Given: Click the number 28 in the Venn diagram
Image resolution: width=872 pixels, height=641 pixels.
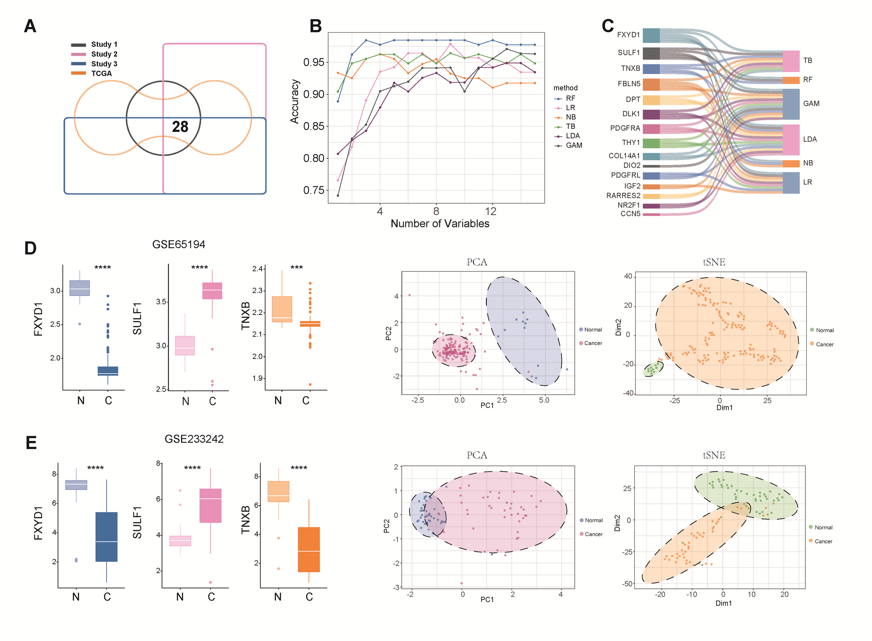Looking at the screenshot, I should coord(180,127).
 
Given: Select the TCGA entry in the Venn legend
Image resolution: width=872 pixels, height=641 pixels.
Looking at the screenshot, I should coord(101,74).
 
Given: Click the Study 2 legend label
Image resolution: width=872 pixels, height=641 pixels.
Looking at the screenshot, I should coord(104,54).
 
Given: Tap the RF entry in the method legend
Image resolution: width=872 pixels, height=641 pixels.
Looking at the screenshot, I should coord(570,98).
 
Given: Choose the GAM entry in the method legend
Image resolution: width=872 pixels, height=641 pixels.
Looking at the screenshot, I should coord(574,145).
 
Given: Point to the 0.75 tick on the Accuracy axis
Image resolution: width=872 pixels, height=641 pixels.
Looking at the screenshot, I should coord(313,190).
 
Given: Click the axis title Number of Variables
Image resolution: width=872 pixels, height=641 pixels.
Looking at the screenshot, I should coord(439,224).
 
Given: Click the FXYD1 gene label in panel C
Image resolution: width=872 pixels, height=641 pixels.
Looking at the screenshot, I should coord(628,35).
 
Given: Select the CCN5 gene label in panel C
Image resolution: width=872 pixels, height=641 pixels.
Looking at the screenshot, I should coord(630,214).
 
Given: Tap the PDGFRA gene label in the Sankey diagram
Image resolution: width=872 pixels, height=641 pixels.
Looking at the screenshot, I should coord(625,128).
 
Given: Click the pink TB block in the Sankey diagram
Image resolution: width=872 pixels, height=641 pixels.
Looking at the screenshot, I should coord(791,61).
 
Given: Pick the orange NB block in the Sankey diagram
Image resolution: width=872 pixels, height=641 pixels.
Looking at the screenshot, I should coord(791,164).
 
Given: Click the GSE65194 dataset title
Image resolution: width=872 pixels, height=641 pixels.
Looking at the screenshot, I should coord(178,244).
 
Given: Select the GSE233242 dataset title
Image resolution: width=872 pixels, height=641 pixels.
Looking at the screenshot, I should coord(194,439).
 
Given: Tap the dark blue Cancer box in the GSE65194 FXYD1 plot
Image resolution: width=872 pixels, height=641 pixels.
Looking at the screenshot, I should coord(107,371).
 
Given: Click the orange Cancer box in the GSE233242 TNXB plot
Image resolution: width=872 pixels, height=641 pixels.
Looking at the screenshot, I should coord(309,549).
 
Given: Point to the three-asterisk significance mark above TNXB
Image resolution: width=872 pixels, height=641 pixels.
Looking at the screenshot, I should coord(296,267).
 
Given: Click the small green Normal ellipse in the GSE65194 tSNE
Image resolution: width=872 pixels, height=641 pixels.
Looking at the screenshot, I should coord(653,369).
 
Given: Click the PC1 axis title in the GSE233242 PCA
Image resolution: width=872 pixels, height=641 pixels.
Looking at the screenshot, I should coord(487,599).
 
